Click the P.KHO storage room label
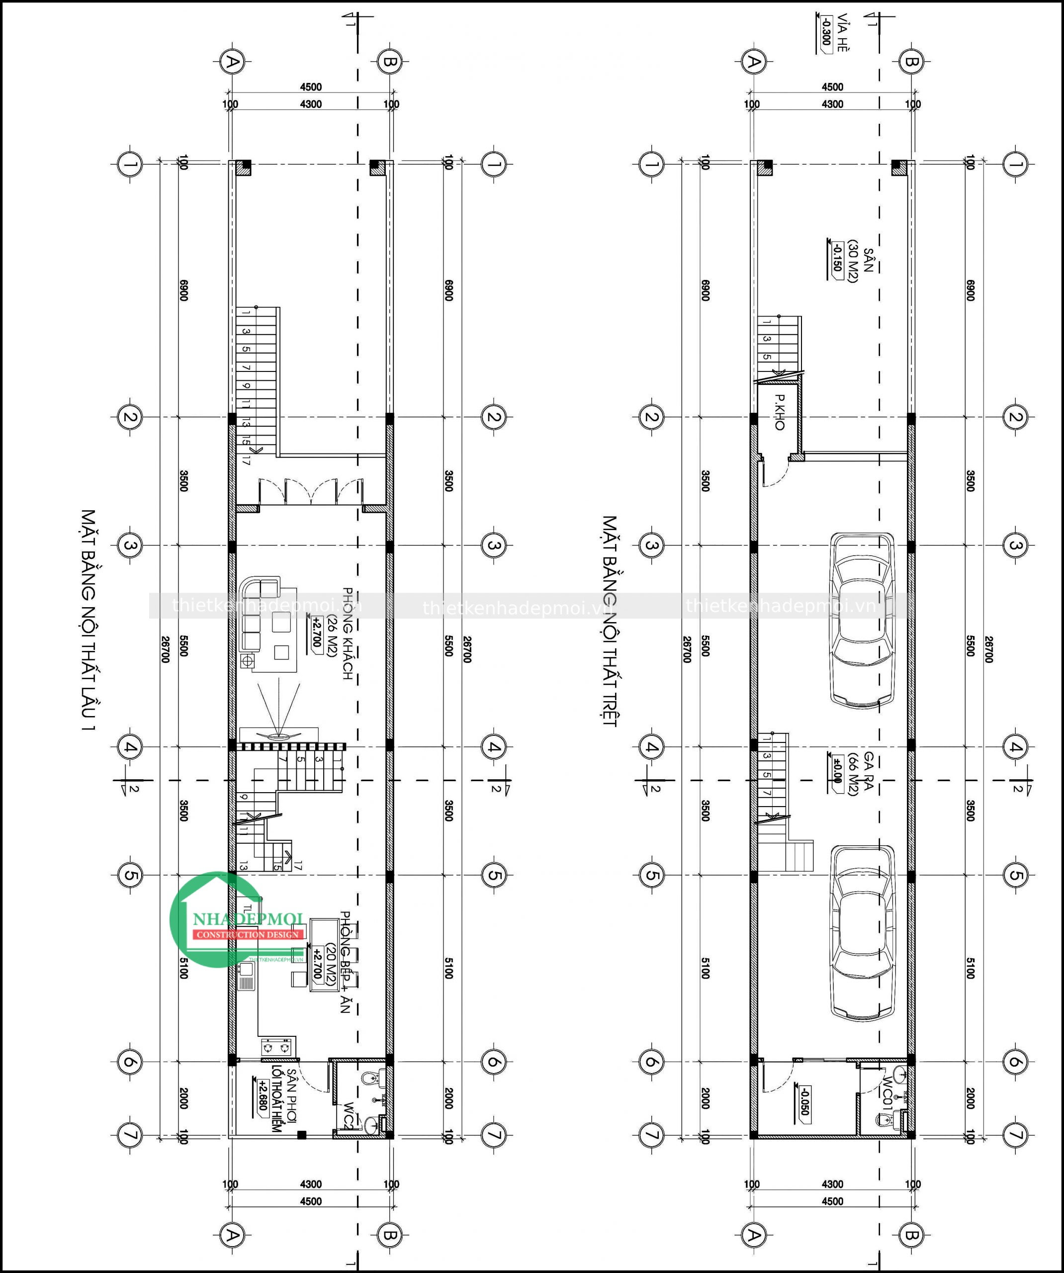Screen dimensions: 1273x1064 click(779, 412)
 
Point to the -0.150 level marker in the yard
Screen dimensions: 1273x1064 click(837, 257)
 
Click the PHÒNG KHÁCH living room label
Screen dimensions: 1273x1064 click(348, 633)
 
